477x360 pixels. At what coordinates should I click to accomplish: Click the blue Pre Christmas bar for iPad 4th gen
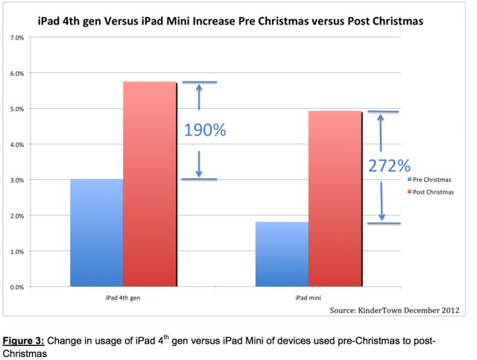point(96,233)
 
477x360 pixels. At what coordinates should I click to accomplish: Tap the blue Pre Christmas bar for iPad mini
point(281,254)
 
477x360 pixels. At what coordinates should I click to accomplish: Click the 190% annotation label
point(205,130)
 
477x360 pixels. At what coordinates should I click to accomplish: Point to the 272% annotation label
point(388,165)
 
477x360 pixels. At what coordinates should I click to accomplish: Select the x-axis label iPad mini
point(308,297)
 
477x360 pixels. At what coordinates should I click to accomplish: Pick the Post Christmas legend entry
point(435,193)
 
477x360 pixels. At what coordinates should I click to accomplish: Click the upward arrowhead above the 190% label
point(199,87)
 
